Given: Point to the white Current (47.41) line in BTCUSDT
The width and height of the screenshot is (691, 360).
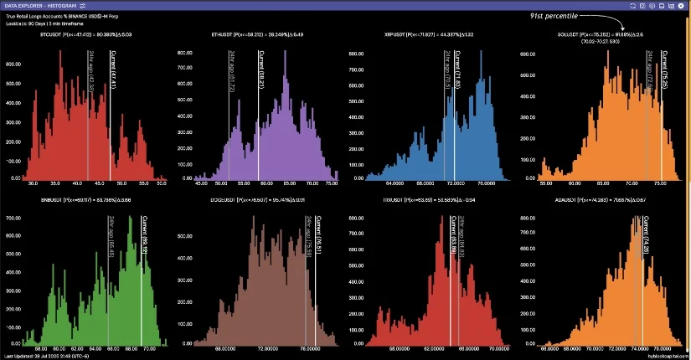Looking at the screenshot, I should [x=111, y=126].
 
